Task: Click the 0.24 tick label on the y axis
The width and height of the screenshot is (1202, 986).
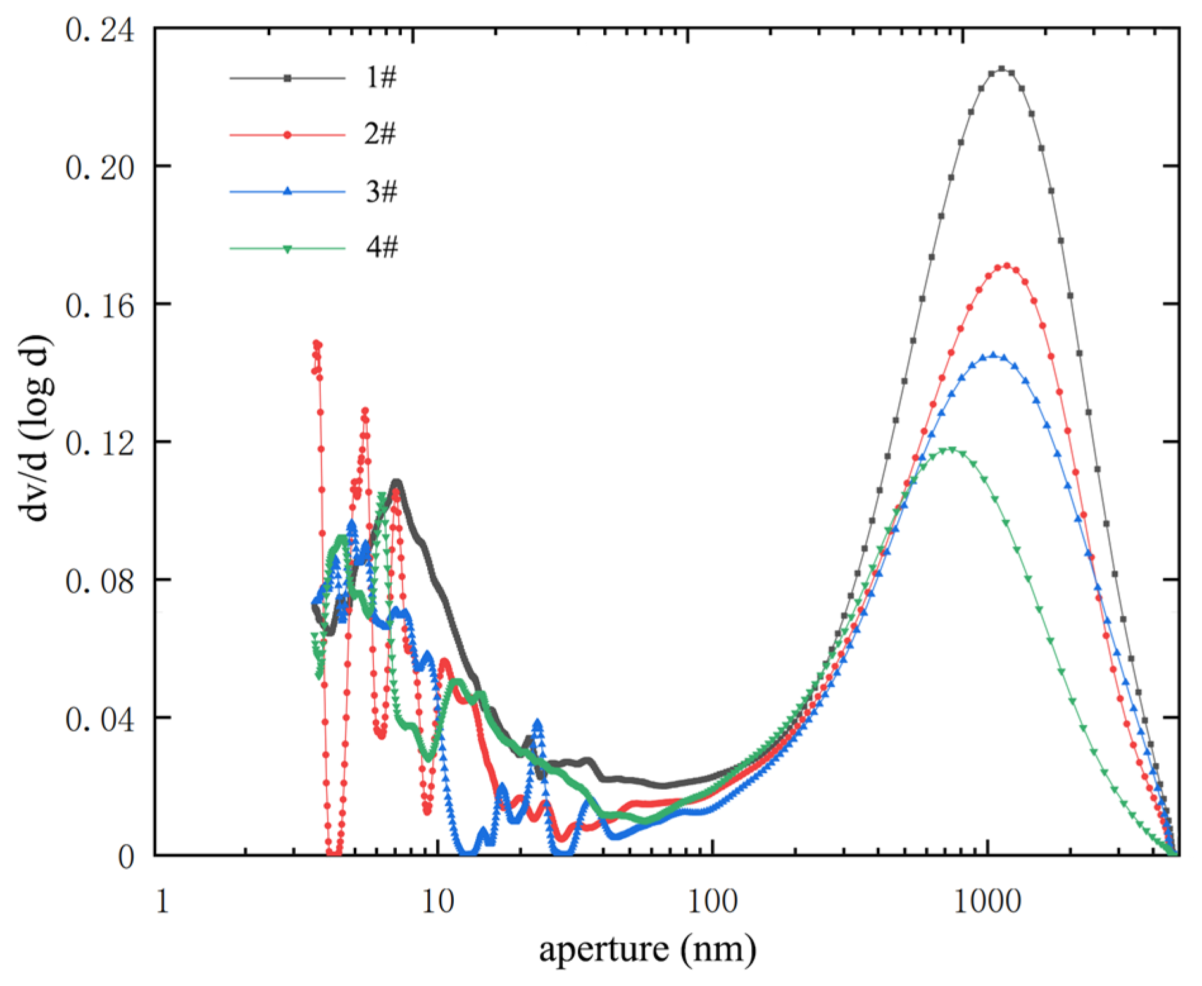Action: click(x=99, y=30)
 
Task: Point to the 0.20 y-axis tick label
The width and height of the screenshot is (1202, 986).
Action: click(x=99, y=168)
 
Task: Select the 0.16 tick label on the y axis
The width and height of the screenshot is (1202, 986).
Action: click(x=99, y=306)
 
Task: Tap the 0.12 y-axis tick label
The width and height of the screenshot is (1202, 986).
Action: click(x=99, y=443)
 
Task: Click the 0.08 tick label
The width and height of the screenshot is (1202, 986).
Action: click(x=99, y=581)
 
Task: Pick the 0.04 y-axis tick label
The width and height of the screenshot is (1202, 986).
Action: click(x=99, y=719)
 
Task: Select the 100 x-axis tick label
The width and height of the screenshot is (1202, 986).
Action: click(x=713, y=901)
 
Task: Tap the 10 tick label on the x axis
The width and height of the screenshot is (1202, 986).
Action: click(x=438, y=901)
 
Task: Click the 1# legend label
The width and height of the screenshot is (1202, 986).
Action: click(x=381, y=77)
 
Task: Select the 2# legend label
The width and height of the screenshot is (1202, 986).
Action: click(x=381, y=134)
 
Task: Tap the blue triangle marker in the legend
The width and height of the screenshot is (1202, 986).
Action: click(x=287, y=191)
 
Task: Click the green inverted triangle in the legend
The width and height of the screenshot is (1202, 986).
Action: click(x=287, y=249)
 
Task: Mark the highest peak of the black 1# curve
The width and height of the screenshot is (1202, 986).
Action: click(x=1001, y=68)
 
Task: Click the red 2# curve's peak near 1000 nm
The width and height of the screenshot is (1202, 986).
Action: click(x=1006, y=266)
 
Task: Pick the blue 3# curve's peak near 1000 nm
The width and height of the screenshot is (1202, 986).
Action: click(x=992, y=355)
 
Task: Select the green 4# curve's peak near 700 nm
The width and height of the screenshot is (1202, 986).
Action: click(x=950, y=449)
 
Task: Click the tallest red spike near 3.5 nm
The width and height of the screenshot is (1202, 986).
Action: click(x=316, y=343)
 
